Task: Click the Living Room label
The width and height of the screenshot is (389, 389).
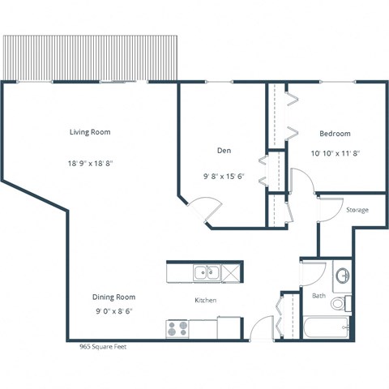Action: pos(89,132)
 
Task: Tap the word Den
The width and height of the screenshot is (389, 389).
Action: pos(224,151)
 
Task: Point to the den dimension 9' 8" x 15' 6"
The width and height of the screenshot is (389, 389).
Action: pos(224,176)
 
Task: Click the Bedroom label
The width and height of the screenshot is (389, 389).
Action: pos(335,133)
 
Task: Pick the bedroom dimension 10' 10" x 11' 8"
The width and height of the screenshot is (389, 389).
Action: pos(335,152)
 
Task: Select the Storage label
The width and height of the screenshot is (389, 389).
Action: pos(357,210)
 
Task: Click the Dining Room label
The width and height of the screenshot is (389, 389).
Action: pos(113,297)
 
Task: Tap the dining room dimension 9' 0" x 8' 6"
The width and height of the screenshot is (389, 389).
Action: pos(113,310)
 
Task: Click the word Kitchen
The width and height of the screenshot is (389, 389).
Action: pos(205,301)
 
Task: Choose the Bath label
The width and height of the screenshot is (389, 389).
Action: pos(319,296)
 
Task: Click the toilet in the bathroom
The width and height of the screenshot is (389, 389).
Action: pos(344,304)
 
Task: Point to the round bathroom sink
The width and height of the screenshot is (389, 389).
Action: pos(342,275)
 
